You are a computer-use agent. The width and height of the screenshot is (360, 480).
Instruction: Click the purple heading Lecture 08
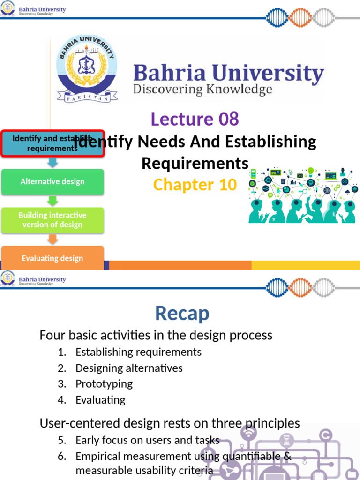(x=195, y=119)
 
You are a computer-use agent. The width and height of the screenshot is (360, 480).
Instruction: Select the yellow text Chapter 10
(x=195, y=185)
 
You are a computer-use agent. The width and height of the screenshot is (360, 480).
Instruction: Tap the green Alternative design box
(x=52, y=182)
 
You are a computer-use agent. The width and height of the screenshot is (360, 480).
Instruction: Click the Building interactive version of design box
(x=52, y=220)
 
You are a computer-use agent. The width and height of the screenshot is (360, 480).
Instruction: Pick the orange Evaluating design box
(x=52, y=258)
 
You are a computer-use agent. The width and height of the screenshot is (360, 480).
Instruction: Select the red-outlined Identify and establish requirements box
(x=52, y=143)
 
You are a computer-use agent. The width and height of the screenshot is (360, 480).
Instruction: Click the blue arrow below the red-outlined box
(x=52, y=163)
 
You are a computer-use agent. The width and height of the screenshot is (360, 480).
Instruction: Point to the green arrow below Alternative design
(x=52, y=201)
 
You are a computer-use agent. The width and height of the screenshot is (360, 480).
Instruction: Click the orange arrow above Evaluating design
(x=52, y=239)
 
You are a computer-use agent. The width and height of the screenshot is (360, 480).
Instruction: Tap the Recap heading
(x=182, y=314)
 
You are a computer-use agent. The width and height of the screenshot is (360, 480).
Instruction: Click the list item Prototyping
(x=104, y=384)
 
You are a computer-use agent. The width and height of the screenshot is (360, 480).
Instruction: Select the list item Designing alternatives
(x=129, y=368)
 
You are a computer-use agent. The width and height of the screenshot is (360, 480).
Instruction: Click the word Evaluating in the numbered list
(x=100, y=400)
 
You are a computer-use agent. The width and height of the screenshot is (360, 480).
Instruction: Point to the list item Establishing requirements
(x=138, y=352)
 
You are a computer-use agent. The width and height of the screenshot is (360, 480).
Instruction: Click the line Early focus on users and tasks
(x=147, y=440)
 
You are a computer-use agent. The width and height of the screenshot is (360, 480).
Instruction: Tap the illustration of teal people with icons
(x=302, y=195)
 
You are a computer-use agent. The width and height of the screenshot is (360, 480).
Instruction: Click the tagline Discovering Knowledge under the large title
(x=202, y=90)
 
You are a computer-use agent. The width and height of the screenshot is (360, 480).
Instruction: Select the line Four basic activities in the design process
(x=156, y=335)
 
